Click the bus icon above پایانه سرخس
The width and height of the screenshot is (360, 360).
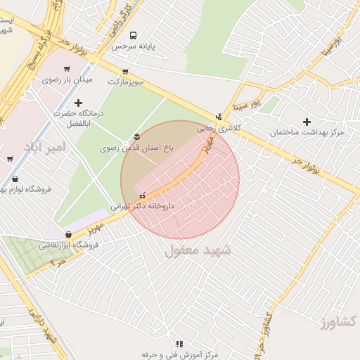point(133,35)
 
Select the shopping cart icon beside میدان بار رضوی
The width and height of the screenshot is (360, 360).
point(67,69)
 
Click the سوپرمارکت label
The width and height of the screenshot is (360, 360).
point(126,82)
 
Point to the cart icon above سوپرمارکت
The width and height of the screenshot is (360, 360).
point(125,71)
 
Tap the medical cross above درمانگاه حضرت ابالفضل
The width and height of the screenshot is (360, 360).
point(78,103)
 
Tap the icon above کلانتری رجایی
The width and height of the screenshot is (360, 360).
point(219,117)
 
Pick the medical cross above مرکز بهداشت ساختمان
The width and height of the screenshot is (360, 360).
point(306,122)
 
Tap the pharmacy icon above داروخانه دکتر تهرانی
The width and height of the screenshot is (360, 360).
point(143,195)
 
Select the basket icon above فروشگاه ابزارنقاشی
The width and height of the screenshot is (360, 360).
point(67,234)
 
